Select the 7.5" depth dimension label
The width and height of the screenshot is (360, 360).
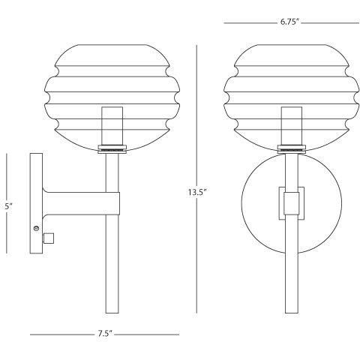pyautogui.click(x=104, y=333)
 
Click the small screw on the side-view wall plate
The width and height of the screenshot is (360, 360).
pyautogui.click(x=36, y=228)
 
